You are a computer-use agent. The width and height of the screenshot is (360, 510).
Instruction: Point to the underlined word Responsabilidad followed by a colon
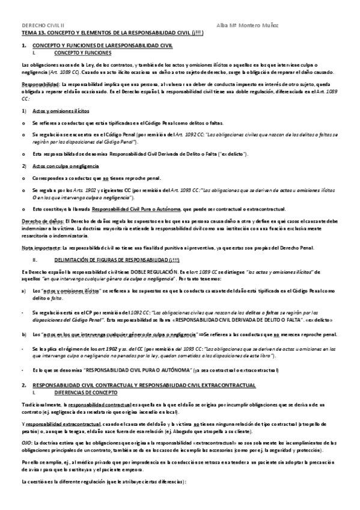[x=40, y=84]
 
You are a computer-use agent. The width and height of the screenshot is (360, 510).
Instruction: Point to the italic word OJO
[x=26, y=442]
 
